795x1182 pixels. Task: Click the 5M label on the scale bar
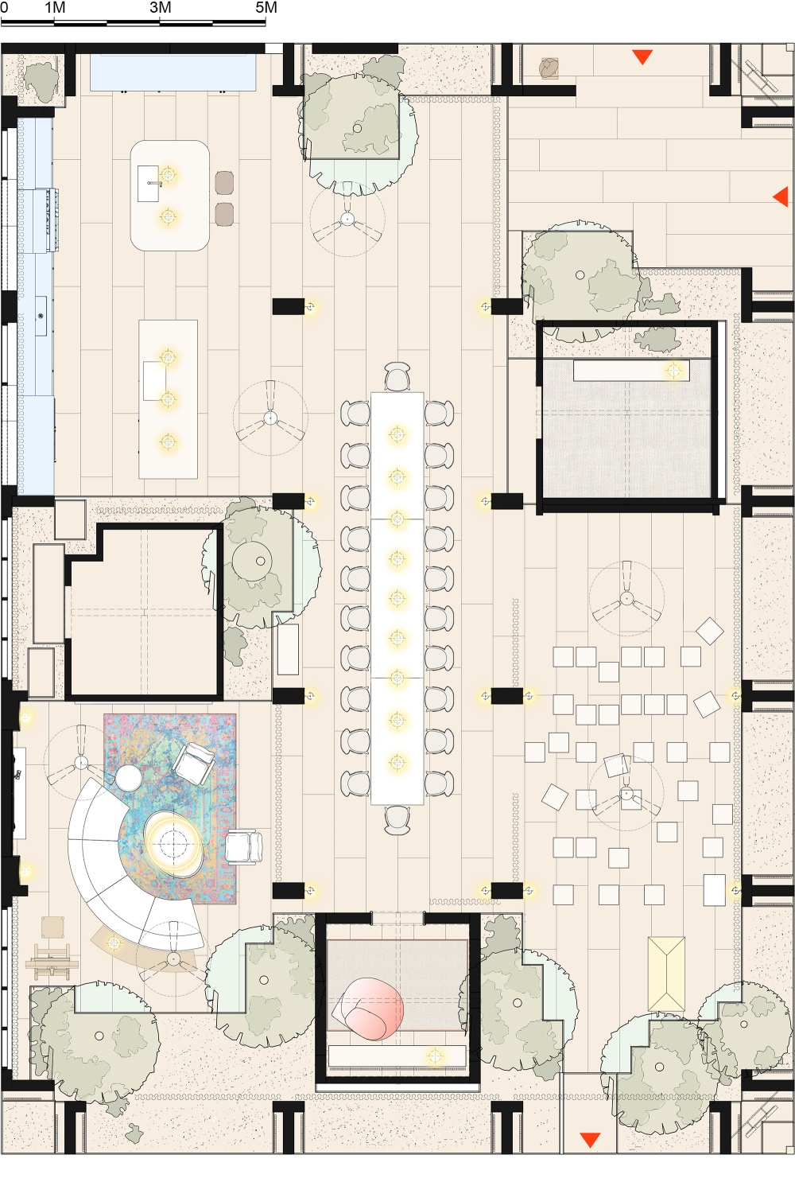[x=266, y=7]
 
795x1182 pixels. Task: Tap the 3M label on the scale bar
[x=161, y=7]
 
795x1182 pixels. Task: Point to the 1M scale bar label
[x=55, y=7]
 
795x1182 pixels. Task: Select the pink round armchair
[x=369, y=1009]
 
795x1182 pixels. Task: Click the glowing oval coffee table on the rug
[x=174, y=845]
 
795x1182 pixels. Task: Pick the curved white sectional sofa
[x=126, y=876]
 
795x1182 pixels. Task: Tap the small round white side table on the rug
[x=128, y=778]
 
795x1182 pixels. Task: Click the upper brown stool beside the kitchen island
[x=224, y=183]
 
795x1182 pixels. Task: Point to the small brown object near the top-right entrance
[x=549, y=68]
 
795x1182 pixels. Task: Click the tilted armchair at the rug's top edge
[x=194, y=764]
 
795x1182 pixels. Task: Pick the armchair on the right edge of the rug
[x=244, y=847]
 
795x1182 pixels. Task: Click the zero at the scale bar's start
[x=4, y=7]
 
